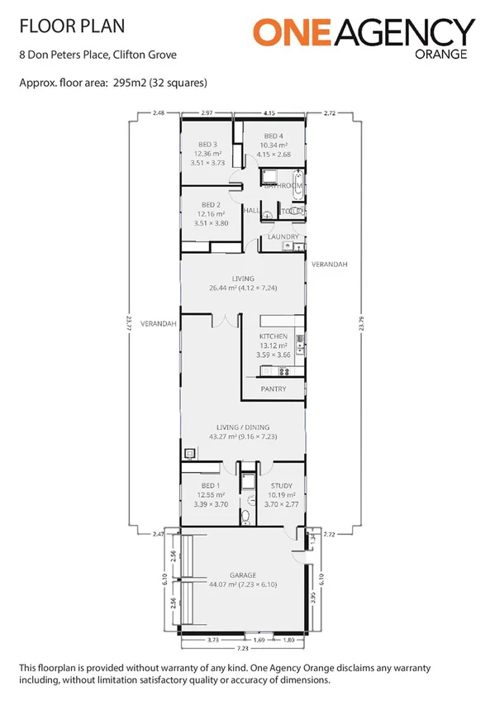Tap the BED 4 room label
[274, 136]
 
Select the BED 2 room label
[212, 204]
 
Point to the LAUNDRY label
[283, 237]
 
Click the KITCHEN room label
[274, 336]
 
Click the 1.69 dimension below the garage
[259, 639]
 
